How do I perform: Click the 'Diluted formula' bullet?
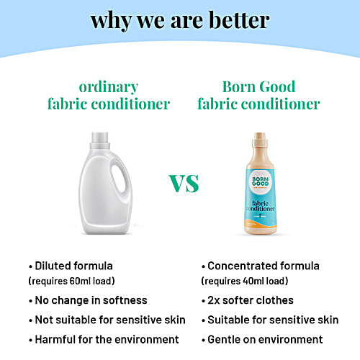(x=71, y=266)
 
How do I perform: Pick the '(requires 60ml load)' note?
(x=71, y=281)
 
